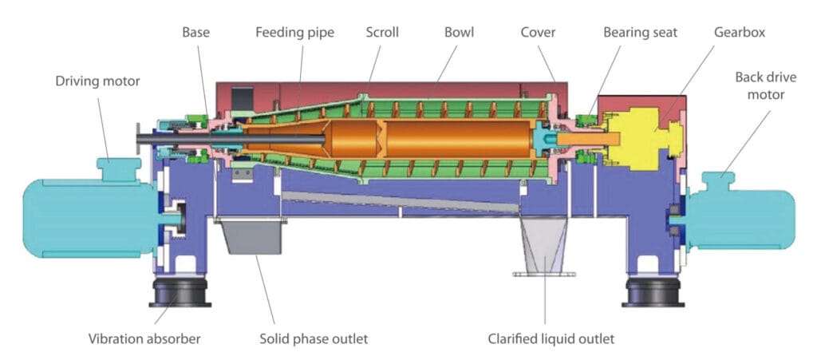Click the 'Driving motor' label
[97, 81]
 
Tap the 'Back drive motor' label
[765, 86]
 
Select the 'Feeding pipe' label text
[294, 32]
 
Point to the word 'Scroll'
[382, 32]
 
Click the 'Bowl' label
[459, 32]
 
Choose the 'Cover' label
[538, 32]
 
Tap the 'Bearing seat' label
[641, 32]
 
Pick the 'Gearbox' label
[740, 32]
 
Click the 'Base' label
[195, 32]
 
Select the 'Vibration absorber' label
[144, 339]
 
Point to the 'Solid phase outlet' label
[314, 339]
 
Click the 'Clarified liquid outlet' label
[551, 339]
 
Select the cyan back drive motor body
[740, 214]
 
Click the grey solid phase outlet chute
[254, 237]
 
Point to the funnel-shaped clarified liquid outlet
[544, 244]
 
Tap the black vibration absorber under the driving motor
[180, 293]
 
